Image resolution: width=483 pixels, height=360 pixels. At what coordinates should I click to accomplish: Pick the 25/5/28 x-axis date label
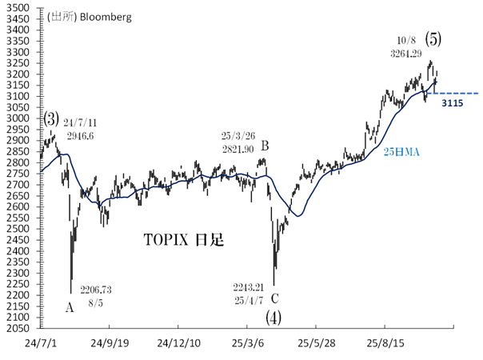tap(316, 342)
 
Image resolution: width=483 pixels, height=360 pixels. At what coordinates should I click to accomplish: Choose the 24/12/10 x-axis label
tap(178, 342)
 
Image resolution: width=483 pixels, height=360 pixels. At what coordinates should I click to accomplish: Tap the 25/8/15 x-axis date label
tap(385, 342)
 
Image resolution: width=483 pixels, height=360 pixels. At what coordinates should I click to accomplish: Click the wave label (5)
tap(432, 38)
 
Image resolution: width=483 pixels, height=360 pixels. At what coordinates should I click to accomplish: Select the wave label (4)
tap(273, 316)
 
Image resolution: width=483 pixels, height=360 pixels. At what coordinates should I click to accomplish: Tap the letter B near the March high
tap(265, 146)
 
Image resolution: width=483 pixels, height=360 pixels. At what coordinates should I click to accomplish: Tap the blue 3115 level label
tap(453, 104)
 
